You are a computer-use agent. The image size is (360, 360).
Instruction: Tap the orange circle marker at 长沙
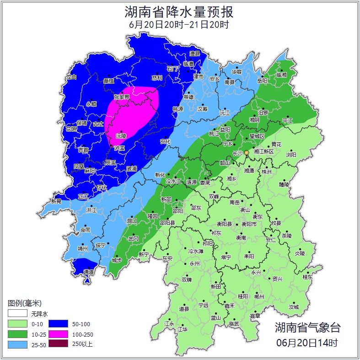click(246, 152)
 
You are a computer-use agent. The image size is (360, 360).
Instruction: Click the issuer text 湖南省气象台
click(307, 328)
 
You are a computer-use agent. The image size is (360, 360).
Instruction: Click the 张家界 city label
click(122, 97)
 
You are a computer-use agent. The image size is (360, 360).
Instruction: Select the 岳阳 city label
click(262, 81)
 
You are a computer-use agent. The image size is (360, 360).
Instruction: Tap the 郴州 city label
click(259, 296)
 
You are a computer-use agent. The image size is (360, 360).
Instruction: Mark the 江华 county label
click(183, 329)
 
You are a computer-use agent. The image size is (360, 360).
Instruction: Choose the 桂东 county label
click(307, 277)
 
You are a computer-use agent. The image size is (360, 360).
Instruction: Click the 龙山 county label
click(71, 77)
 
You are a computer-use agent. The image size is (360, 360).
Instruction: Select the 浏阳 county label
click(291, 155)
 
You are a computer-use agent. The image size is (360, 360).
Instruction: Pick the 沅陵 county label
click(121, 136)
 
